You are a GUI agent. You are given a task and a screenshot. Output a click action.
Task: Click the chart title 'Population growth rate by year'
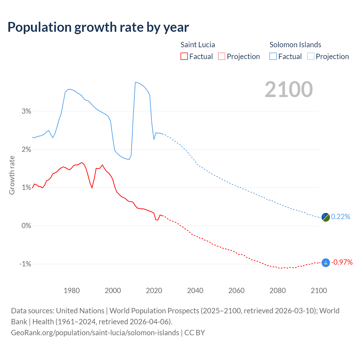(98, 27)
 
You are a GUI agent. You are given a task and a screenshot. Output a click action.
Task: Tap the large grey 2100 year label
(289, 89)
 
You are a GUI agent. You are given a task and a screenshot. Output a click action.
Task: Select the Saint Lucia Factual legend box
(184, 56)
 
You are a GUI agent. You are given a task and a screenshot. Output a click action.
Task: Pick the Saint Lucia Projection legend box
(222, 56)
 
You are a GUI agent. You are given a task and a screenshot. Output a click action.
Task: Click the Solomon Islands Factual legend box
(273, 56)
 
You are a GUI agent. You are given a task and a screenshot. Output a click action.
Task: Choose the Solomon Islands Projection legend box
(310, 56)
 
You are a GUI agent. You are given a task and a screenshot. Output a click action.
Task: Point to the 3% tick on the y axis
(26, 111)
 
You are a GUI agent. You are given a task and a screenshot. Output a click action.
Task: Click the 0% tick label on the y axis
(26, 226)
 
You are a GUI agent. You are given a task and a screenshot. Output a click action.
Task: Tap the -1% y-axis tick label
(25, 264)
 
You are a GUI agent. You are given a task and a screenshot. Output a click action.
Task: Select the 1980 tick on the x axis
(72, 291)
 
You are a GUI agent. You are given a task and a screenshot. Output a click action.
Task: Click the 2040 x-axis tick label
(195, 291)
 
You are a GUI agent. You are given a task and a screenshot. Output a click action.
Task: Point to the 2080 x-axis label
(278, 291)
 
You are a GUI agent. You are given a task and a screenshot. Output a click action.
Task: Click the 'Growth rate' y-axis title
(12, 175)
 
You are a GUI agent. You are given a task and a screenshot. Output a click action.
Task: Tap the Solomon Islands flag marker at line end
(325, 217)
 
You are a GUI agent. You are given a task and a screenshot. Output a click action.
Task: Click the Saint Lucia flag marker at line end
(325, 263)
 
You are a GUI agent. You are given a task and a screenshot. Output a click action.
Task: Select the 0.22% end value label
(341, 217)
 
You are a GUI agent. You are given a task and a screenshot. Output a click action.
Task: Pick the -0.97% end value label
(342, 262)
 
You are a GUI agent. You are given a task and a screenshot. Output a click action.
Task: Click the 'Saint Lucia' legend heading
(197, 45)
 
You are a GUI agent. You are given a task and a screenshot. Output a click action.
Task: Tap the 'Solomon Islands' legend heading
(295, 45)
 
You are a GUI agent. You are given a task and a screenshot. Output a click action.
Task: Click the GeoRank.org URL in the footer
(95, 333)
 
